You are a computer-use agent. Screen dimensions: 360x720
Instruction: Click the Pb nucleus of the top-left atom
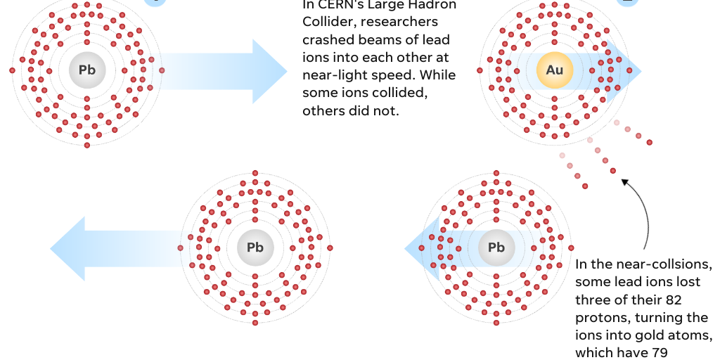(x=87, y=70)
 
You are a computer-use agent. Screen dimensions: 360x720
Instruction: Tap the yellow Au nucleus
(x=555, y=70)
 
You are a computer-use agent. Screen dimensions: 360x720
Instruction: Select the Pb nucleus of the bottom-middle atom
(x=255, y=247)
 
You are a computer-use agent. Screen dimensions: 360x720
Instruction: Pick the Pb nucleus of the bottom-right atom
(x=496, y=247)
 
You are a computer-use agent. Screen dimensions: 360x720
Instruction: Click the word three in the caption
(x=593, y=300)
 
